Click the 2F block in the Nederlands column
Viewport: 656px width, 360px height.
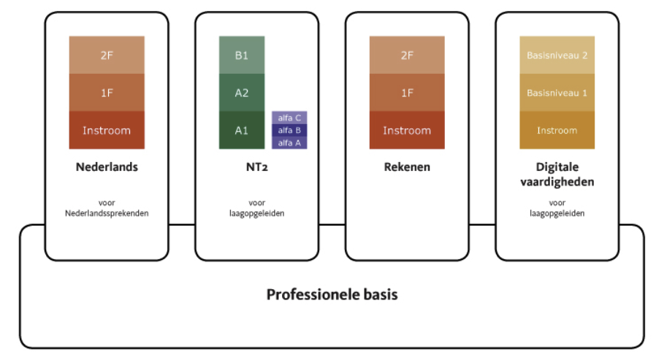click(107, 55)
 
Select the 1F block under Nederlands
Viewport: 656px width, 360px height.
click(107, 93)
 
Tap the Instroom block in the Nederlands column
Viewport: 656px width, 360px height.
click(107, 130)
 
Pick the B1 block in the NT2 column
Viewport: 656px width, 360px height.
click(242, 55)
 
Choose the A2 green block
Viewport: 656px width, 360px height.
click(242, 93)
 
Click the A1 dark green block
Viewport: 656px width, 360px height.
click(242, 130)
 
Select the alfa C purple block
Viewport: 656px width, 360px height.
click(289, 118)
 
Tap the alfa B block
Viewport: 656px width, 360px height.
click(289, 130)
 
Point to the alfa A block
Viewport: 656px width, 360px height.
click(289, 142)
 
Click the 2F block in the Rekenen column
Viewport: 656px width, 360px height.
click(407, 55)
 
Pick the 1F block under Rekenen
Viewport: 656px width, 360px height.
click(407, 93)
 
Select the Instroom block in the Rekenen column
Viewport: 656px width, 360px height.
click(407, 130)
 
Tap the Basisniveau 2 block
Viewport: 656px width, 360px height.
click(557, 55)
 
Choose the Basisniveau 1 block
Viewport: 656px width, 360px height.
click(557, 93)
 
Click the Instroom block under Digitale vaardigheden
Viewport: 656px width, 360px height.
click(557, 130)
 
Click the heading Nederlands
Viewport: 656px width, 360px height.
click(107, 167)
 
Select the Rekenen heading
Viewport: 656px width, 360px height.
click(407, 167)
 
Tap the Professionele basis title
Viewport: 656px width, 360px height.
click(332, 295)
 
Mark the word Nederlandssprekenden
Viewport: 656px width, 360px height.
click(107, 212)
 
